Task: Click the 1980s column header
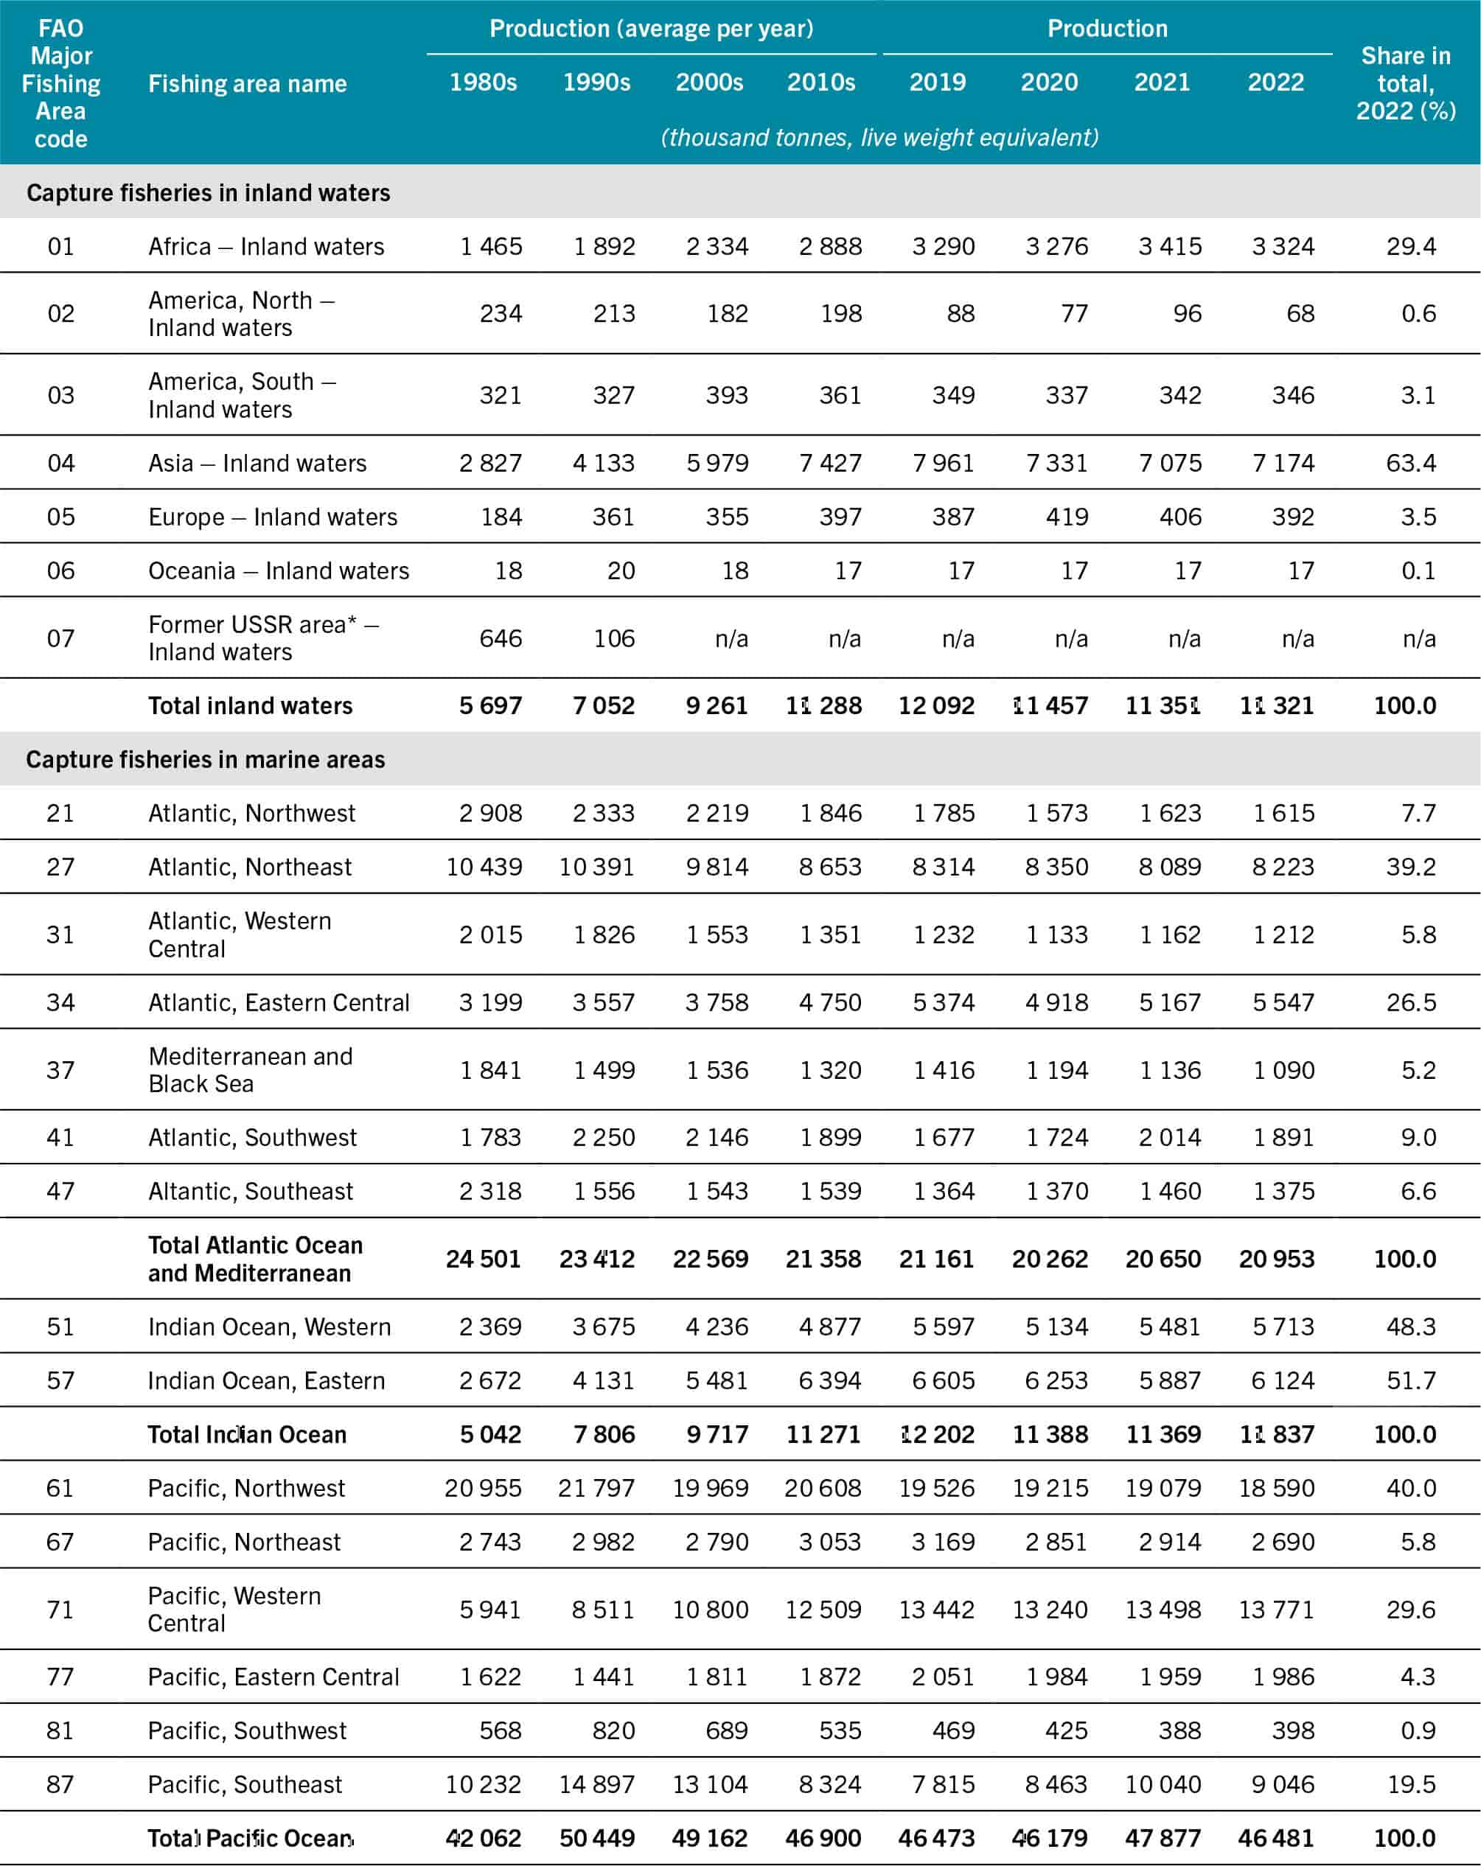click(x=483, y=83)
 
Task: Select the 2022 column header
click(x=1275, y=83)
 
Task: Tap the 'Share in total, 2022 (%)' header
click(x=1405, y=83)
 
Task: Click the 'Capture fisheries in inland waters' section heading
click(x=208, y=192)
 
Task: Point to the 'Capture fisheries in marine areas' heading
click(x=205, y=759)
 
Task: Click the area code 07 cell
click(x=60, y=638)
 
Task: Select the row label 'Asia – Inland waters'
click(x=257, y=463)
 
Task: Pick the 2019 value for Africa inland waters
click(x=943, y=247)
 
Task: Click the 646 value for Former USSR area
click(x=501, y=638)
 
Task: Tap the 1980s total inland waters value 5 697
click(x=490, y=705)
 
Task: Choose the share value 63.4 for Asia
click(x=1410, y=463)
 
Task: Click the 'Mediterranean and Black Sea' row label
click(x=250, y=1070)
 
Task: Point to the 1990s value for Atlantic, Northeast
click(x=596, y=867)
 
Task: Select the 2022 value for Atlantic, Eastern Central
click(x=1283, y=1002)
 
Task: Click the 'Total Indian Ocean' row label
click(x=247, y=1434)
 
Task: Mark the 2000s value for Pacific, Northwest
click(x=710, y=1488)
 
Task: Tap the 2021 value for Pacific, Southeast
click(x=1163, y=1783)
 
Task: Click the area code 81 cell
click(x=60, y=1730)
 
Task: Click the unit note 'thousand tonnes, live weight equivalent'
click(x=879, y=137)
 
